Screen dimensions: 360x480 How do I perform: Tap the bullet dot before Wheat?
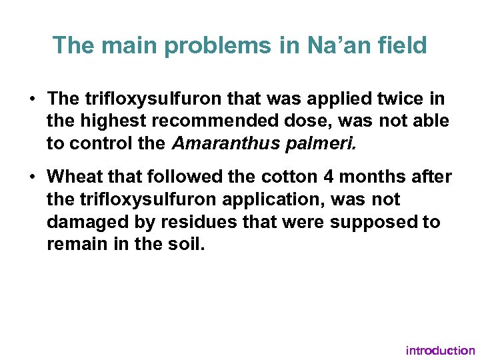[33, 177]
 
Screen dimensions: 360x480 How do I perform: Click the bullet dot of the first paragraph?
[33, 99]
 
